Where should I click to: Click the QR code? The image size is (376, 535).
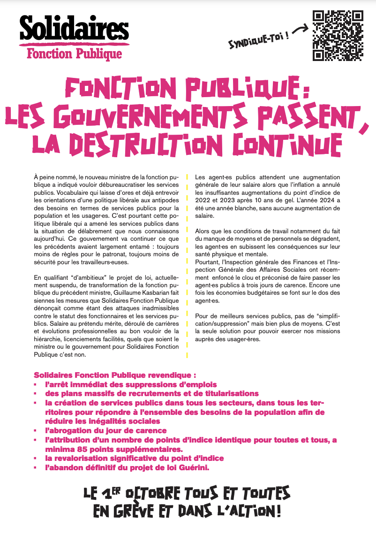[x=338, y=36]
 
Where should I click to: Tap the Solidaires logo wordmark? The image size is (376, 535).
[x=74, y=29]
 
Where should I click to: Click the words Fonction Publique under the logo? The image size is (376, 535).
[x=74, y=53]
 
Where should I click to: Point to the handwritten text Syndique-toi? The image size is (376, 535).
[x=258, y=42]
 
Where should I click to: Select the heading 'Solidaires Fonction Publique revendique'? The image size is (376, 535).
[x=114, y=375]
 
